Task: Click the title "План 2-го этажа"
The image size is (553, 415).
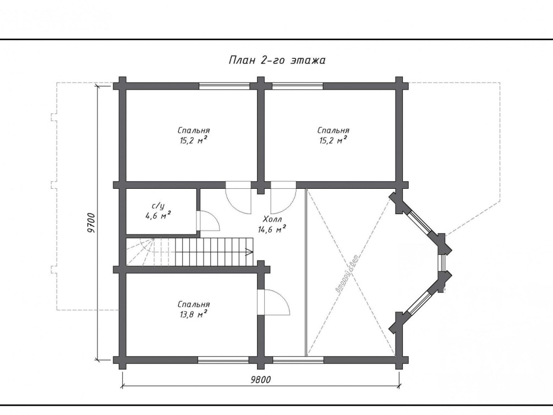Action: pyautogui.click(x=277, y=61)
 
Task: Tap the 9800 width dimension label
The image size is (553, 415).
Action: pyautogui.click(x=261, y=379)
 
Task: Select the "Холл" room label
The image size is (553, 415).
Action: pyautogui.click(x=272, y=220)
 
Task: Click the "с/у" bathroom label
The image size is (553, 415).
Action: pyautogui.click(x=158, y=206)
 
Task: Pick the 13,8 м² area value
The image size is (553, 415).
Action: pyautogui.click(x=193, y=314)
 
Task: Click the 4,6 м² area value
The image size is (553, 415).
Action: pyautogui.click(x=158, y=215)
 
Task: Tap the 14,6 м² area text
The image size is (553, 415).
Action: pyautogui.click(x=272, y=230)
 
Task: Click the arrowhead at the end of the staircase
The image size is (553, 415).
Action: pyautogui.click(x=249, y=252)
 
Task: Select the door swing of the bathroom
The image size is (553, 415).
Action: pyautogui.click(x=208, y=221)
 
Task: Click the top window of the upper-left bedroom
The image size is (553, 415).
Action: pyautogui.click(x=225, y=86)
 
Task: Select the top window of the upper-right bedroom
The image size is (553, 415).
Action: pyautogui.click(x=298, y=86)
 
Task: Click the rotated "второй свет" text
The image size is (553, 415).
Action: pyautogui.click(x=347, y=273)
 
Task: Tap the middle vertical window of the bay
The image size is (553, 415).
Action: pyautogui.click(x=441, y=263)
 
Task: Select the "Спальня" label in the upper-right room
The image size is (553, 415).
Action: pyautogui.click(x=333, y=130)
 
